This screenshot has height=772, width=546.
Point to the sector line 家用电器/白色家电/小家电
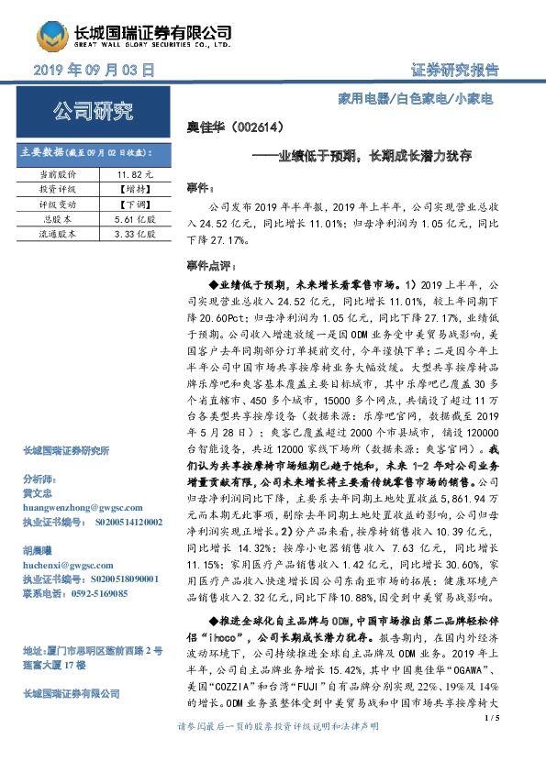(432, 96)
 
